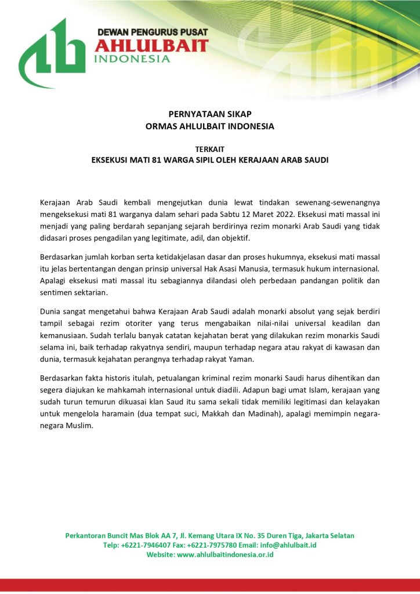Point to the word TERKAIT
(209, 149)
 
